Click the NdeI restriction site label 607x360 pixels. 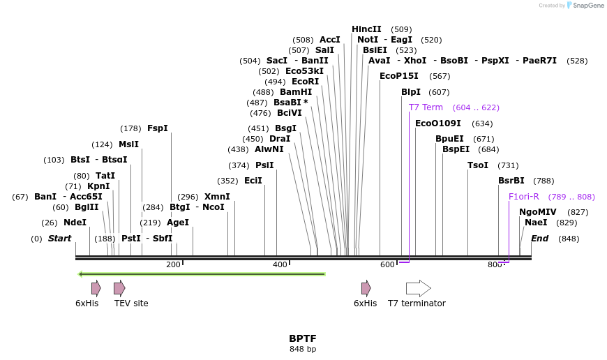[x=75, y=223]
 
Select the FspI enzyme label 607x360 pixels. [x=158, y=128]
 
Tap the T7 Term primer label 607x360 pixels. [x=426, y=107]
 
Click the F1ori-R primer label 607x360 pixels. [x=524, y=197]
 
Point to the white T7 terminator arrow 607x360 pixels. [x=418, y=288]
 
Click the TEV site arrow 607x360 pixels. [x=119, y=288]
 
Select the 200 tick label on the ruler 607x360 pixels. [x=173, y=264]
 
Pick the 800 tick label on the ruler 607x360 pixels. [x=495, y=264]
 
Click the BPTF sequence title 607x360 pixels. [x=303, y=338]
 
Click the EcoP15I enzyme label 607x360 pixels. [x=399, y=76]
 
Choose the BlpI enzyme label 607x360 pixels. [x=411, y=92]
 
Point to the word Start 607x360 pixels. [x=59, y=239]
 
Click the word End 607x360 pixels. [x=539, y=239]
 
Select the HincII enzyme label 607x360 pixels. [x=366, y=29]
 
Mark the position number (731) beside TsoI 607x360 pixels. [x=508, y=165]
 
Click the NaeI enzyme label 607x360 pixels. [x=536, y=223]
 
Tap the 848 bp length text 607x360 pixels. [x=303, y=349]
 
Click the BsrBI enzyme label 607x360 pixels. [x=511, y=181]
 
